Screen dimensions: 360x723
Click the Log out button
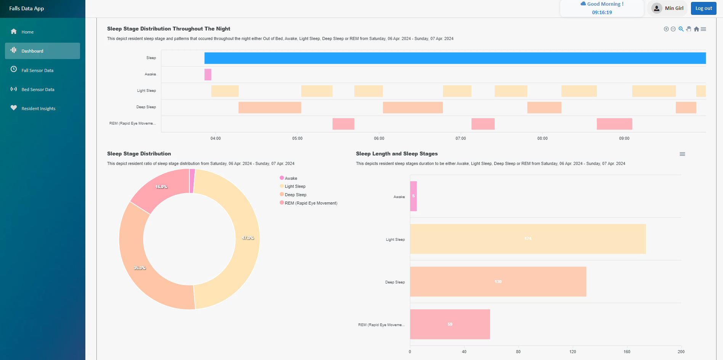(703, 8)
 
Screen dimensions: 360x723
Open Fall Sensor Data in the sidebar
(37, 70)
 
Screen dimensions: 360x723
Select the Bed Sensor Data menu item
(38, 90)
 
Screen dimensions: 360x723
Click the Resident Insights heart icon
(14, 108)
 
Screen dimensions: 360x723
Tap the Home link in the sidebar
(27, 32)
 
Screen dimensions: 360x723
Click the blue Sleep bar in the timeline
(455, 58)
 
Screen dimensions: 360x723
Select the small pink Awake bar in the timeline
(208, 74)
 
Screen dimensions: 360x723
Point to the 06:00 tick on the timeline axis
(379, 138)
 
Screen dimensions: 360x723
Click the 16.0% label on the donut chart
(161, 187)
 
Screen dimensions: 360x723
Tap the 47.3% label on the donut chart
(248, 238)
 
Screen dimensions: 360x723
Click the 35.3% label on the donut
(139, 268)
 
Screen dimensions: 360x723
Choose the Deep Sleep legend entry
(295, 195)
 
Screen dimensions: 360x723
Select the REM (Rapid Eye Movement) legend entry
(311, 203)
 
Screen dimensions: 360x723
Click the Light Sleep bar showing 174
(527, 239)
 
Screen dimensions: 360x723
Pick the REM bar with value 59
(450, 324)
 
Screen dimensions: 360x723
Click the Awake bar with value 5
(413, 196)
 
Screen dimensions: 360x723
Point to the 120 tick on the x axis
(572, 352)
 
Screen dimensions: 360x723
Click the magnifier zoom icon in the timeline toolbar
(681, 29)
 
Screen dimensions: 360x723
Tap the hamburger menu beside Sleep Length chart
(682, 154)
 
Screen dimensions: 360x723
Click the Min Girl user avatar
(656, 8)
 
